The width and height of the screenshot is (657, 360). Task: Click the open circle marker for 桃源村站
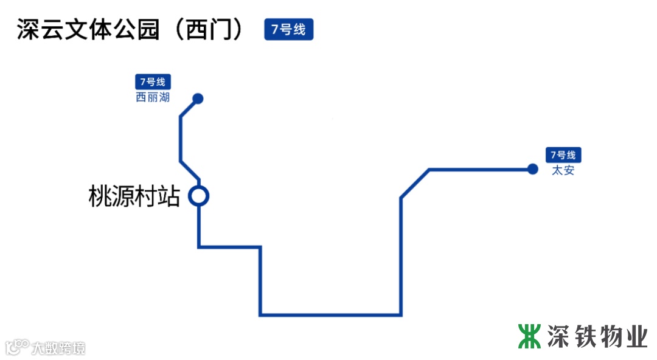pyautogui.click(x=199, y=196)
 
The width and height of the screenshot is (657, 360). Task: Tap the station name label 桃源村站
pyautogui.click(x=134, y=197)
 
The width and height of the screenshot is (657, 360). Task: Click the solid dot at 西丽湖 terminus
pyautogui.click(x=198, y=99)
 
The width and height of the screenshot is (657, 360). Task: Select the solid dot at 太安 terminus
pyautogui.click(x=533, y=169)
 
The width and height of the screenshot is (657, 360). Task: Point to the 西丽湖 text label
pyautogui.click(x=153, y=97)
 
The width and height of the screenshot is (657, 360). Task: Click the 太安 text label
pyautogui.click(x=563, y=170)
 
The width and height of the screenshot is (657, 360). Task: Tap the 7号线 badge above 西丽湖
pyautogui.click(x=153, y=81)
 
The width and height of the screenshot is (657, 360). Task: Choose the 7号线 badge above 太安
pyautogui.click(x=563, y=155)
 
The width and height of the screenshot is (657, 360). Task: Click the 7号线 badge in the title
pyautogui.click(x=288, y=29)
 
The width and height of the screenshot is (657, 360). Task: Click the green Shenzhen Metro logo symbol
pyautogui.click(x=529, y=336)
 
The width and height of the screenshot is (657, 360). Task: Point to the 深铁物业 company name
pyautogui.click(x=597, y=336)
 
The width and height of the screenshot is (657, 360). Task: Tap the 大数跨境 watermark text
pyautogui.click(x=58, y=348)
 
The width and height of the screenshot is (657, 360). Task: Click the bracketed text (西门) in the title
pyautogui.click(x=207, y=30)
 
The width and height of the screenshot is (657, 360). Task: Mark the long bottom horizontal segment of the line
pyautogui.click(x=330, y=315)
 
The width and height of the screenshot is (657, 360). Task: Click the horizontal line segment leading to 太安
pyautogui.click(x=481, y=169)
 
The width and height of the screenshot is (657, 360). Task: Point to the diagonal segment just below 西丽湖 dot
pyautogui.click(x=189, y=107)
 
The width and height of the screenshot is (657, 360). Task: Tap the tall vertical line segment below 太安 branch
pyautogui.click(x=401, y=255)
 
